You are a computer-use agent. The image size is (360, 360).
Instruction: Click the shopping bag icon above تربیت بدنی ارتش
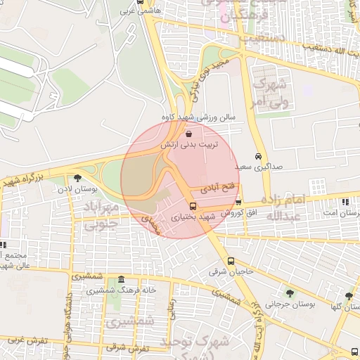click(188, 134)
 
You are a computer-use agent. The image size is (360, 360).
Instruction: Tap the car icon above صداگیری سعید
click(258, 157)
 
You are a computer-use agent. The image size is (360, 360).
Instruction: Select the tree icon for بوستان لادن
click(77, 178)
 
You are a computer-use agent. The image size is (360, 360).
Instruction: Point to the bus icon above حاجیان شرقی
click(231, 262)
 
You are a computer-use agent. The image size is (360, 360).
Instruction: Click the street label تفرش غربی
click(27, 340)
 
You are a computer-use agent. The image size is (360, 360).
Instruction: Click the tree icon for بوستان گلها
click(349, 296)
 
